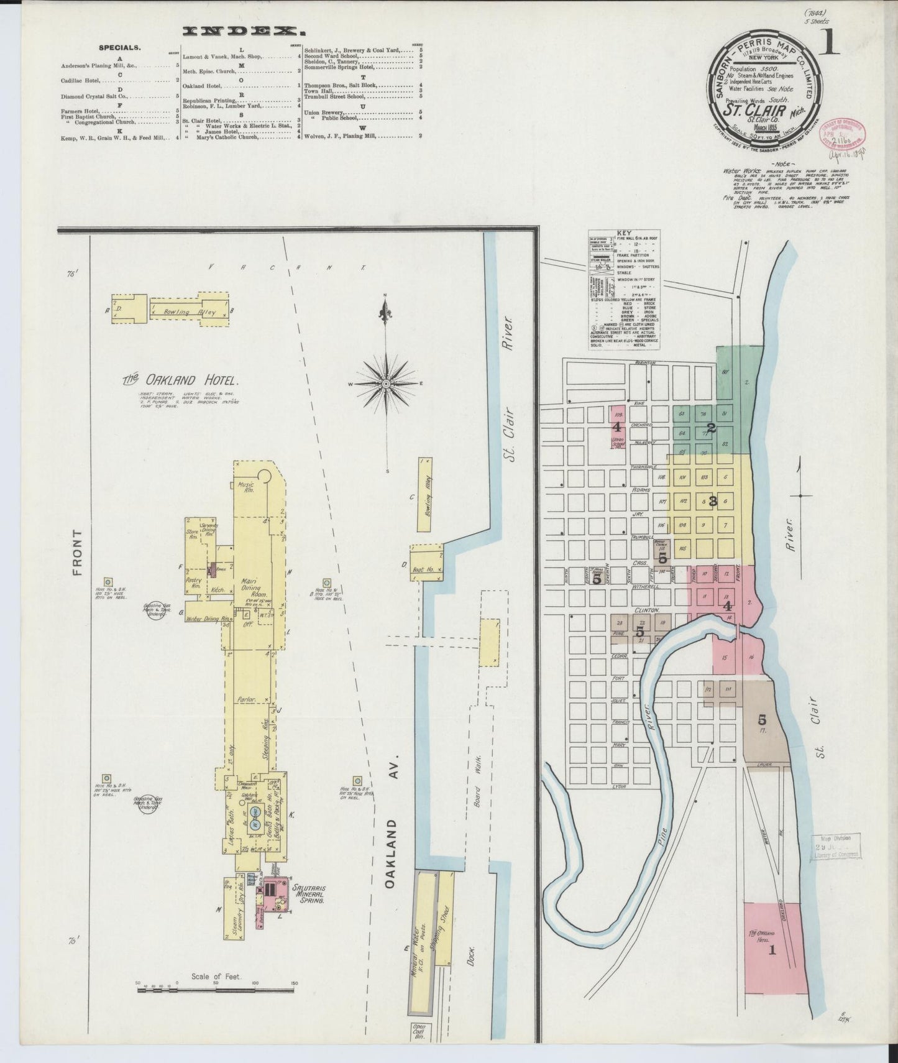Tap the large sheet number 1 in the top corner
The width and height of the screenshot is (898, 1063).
[x=830, y=44]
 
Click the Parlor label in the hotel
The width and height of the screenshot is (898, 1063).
[x=247, y=699]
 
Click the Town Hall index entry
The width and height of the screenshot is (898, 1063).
[x=317, y=91]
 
